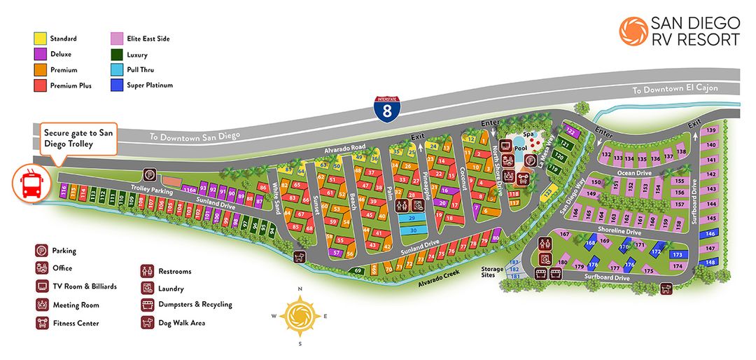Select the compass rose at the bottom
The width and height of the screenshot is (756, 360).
coord(300,317)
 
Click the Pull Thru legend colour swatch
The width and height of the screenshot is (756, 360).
coord(117,70)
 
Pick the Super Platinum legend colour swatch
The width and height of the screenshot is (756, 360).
coord(117,85)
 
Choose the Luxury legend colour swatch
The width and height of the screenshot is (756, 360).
coord(117,55)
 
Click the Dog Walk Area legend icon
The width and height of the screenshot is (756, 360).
coord(148,323)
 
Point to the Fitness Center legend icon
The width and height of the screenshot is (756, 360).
coord(42,324)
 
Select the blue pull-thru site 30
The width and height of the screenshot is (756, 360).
coord(413,230)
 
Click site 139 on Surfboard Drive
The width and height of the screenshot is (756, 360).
coord(710,131)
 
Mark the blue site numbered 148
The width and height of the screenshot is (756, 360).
coord(710,262)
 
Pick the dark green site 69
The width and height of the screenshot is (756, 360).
coord(358,270)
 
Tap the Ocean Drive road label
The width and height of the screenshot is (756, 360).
coord(635,172)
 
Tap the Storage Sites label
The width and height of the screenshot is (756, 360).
coord(491,271)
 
